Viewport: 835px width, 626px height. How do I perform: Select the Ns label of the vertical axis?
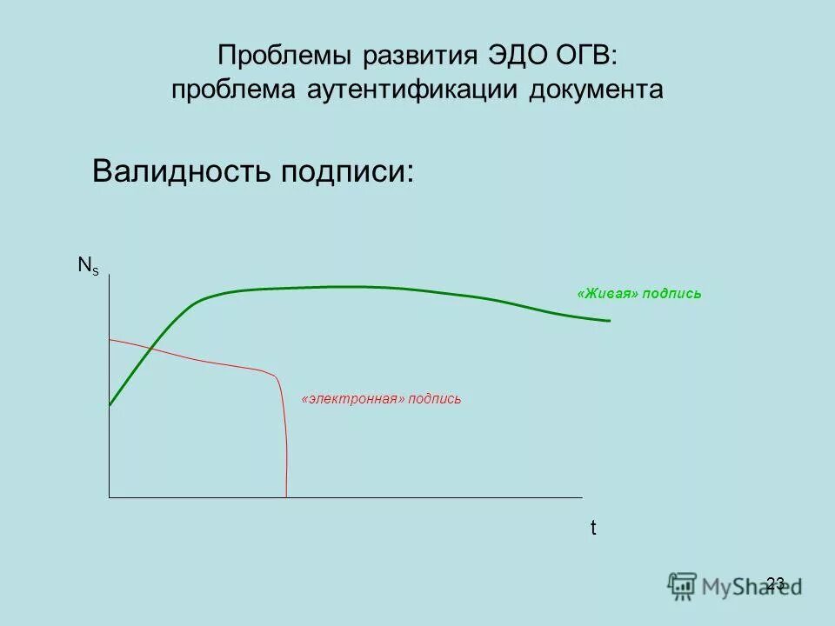click(x=89, y=266)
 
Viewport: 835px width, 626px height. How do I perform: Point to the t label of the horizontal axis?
click(x=594, y=528)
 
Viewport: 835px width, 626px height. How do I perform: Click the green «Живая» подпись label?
click(x=639, y=294)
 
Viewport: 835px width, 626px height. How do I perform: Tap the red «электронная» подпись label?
click(x=381, y=399)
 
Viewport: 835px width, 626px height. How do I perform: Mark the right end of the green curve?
click(x=609, y=321)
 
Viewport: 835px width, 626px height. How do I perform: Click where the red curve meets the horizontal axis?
click(x=286, y=496)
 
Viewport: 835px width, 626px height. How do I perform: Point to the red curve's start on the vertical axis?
click(x=110, y=339)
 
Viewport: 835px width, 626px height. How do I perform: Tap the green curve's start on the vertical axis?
click(x=110, y=404)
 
